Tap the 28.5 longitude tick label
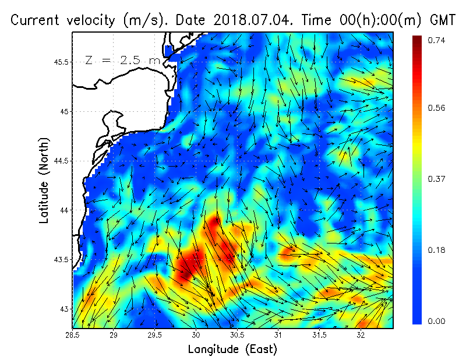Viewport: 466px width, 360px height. click(73, 336)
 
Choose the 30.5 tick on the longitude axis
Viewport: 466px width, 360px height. click(237, 336)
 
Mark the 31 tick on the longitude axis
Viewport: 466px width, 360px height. click(278, 336)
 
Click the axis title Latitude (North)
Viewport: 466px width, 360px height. click(44, 181)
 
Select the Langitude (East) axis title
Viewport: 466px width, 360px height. click(232, 350)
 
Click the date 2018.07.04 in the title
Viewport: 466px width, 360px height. click(245, 20)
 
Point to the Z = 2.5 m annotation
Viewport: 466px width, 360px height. click(123, 60)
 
